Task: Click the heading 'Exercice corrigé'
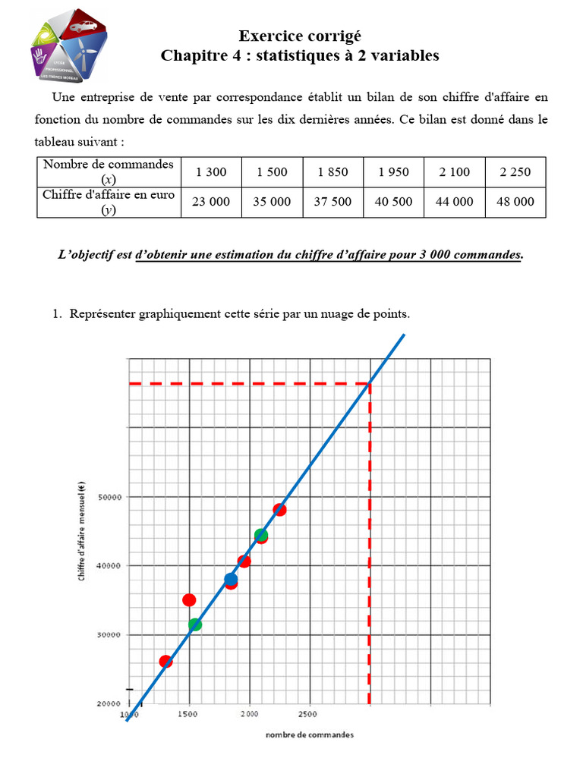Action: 300,36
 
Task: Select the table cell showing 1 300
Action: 211,172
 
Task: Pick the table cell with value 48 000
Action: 516,202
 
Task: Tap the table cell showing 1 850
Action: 332,172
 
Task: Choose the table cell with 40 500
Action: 393,202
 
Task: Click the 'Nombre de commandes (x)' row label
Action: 109,171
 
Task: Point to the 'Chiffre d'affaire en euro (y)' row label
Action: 109,202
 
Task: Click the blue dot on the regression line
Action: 231,580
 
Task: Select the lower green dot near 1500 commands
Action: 195,624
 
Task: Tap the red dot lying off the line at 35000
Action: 189,600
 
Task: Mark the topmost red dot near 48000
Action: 279,510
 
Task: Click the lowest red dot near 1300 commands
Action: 165,662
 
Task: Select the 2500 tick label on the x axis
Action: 307,715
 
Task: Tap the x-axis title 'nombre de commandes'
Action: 309,735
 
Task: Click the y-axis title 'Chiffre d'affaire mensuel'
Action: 81,534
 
